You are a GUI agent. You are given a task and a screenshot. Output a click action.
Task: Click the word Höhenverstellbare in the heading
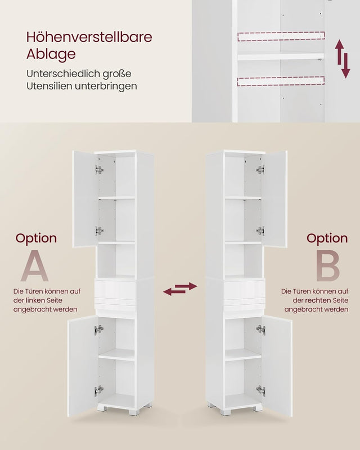[89, 37]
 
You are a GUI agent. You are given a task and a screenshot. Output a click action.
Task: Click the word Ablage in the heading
[51, 54]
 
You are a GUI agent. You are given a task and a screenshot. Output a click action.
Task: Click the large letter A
[35, 265]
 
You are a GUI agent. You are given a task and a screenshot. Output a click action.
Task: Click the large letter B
[327, 265]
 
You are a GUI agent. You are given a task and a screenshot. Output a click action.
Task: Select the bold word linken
[35, 300]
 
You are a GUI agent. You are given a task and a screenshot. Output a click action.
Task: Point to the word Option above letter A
[36, 238]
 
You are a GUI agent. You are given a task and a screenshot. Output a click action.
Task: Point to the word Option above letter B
[327, 238]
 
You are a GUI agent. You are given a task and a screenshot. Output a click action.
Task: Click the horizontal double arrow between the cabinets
[180, 289]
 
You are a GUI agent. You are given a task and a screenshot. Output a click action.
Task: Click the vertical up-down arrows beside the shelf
[343, 59]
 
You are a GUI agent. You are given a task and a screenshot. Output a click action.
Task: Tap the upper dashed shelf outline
[281, 37]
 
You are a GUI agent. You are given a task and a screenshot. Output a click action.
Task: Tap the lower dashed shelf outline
[281, 81]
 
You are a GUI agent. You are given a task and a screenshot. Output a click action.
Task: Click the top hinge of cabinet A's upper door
[99, 170]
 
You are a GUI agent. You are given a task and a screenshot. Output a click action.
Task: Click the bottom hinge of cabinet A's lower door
[98, 390]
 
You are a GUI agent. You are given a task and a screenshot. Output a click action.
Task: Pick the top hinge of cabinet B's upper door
[260, 170]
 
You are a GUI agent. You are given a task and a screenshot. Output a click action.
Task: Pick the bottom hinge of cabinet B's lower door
[261, 390]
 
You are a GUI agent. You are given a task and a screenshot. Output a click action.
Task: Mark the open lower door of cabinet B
[277, 366]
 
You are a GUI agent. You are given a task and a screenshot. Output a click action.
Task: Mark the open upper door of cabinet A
[85, 199]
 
